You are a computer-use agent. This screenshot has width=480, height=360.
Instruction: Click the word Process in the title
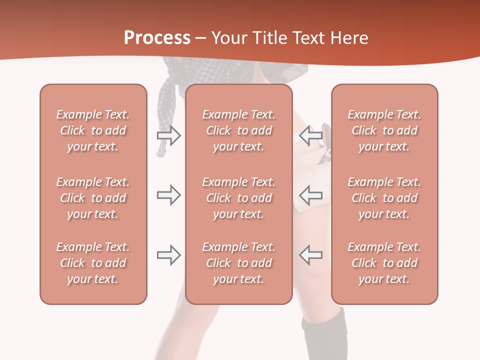[157, 38]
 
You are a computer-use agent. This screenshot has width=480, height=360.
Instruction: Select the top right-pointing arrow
[168, 135]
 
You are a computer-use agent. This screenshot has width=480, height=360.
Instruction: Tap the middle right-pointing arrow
[168, 195]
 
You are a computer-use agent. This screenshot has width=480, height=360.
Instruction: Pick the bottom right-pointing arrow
[168, 255]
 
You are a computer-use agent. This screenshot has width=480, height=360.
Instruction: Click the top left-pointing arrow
[311, 135]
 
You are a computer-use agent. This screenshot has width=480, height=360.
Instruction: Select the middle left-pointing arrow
[311, 195]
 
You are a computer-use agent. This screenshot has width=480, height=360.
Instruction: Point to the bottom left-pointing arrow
[311, 255]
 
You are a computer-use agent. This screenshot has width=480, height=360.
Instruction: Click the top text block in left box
[93, 130]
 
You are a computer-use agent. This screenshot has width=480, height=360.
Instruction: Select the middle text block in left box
[93, 198]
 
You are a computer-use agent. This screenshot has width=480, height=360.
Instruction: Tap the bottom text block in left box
[93, 263]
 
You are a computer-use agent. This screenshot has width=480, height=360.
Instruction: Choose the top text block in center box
[238, 130]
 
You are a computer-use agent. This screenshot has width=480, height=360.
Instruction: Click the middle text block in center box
[238, 198]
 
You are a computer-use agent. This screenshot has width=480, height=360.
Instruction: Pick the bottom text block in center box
[238, 263]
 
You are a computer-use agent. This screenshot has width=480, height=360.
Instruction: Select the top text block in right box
[384, 130]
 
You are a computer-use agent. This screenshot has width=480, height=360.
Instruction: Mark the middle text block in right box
[384, 198]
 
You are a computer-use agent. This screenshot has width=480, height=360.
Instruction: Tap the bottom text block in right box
[384, 263]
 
